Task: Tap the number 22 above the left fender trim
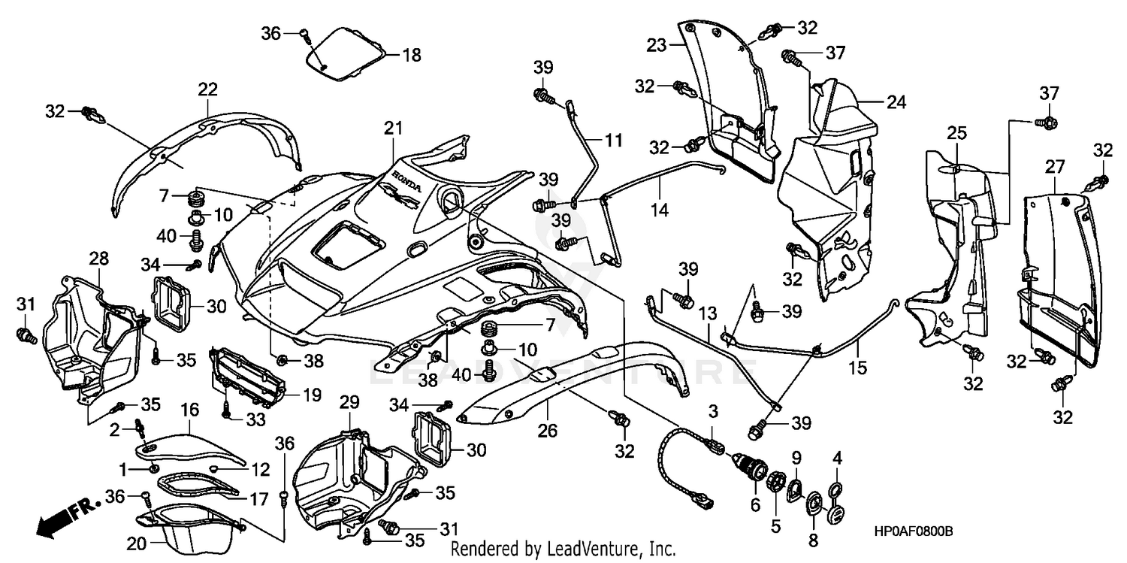coord(207,89)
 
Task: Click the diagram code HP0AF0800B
coord(912,531)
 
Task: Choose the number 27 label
coord(1054,165)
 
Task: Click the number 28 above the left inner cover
coord(98,259)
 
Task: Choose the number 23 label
coord(657,45)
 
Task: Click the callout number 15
coord(857,368)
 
